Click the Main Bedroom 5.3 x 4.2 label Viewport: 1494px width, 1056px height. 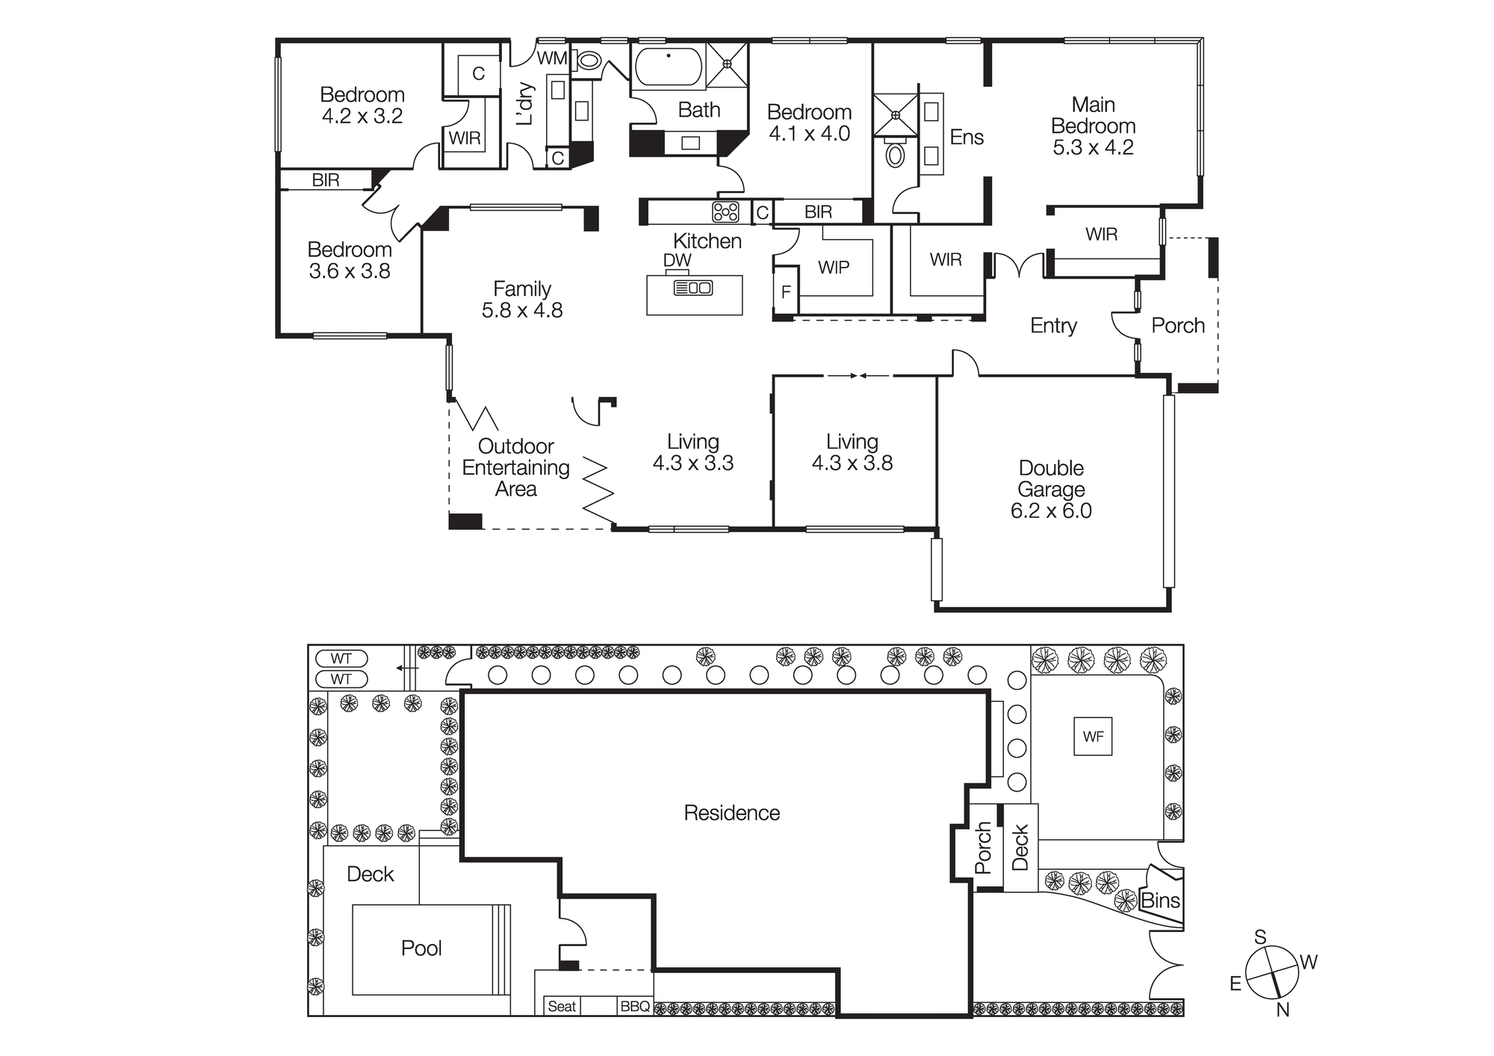[1093, 126]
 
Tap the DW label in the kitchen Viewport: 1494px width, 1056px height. [677, 260]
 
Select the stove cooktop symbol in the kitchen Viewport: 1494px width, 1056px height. [725, 211]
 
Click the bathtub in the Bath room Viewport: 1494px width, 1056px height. [669, 67]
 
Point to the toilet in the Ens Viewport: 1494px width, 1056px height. [894, 155]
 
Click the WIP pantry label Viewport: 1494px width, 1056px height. [834, 267]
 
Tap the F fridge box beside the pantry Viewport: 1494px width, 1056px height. [786, 291]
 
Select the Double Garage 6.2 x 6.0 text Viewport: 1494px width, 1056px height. [1051, 489]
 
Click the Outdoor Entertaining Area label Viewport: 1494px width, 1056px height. [515, 467]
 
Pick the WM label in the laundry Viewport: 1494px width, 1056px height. [552, 58]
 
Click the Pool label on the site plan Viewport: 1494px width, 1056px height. [421, 948]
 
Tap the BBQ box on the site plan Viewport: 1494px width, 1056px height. [635, 1006]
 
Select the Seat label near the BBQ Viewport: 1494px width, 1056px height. [562, 1006]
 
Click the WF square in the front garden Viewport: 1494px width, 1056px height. [1093, 736]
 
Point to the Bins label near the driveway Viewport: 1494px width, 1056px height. [1160, 901]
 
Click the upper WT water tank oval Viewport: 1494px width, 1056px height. [341, 658]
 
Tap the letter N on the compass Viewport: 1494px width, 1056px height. [1283, 1010]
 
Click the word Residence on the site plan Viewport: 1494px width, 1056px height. [731, 812]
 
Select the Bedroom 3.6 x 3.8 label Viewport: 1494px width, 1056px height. [350, 260]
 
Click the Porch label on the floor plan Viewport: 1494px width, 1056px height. [1177, 325]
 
